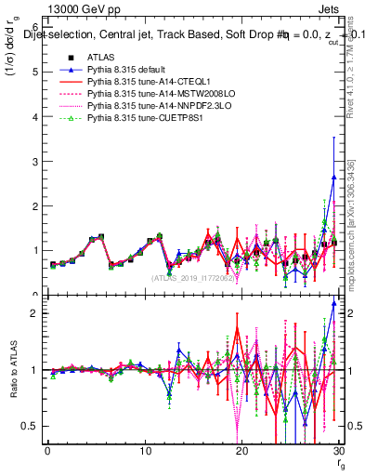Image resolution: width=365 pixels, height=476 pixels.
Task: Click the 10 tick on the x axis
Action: click(145, 451)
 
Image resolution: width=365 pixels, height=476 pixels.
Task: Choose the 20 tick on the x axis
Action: click(241, 451)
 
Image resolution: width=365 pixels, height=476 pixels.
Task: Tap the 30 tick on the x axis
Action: click(338, 451)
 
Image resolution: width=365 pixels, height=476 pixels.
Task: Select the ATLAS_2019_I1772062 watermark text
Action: click(192, 278)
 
